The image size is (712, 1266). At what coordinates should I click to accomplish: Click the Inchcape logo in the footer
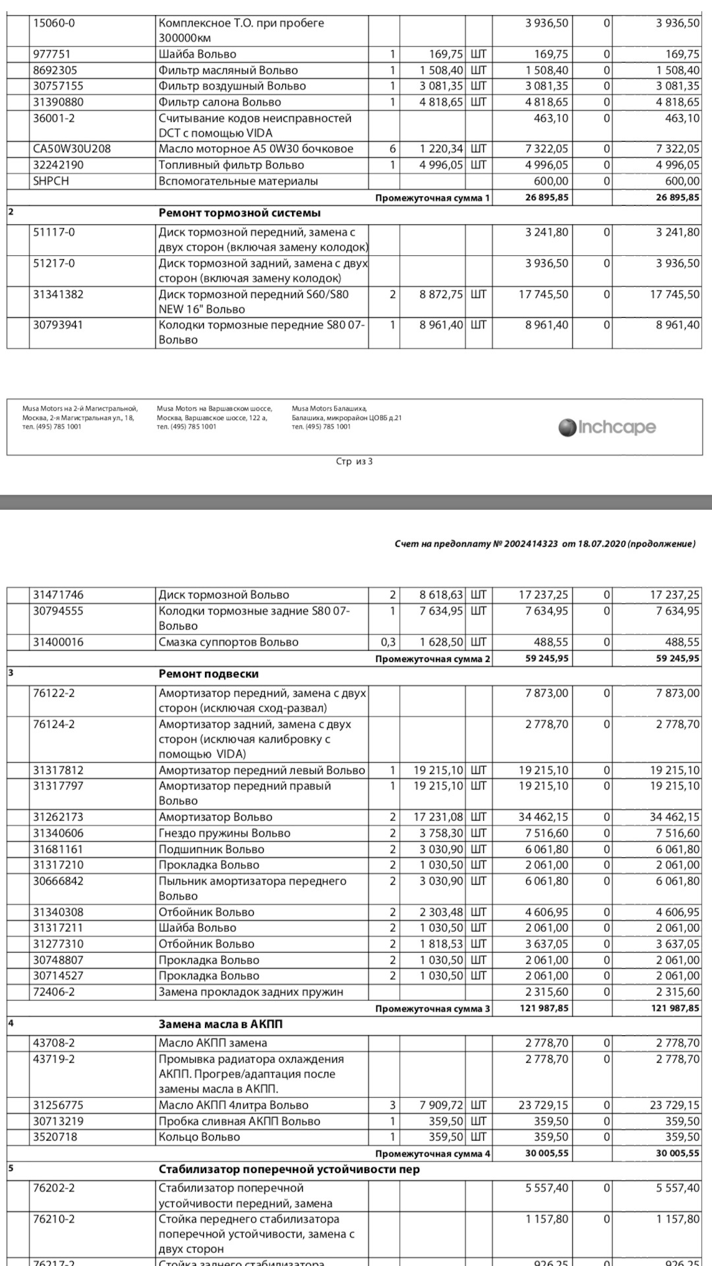tap(607, 427)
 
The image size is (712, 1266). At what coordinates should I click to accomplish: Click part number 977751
tap(51, 54)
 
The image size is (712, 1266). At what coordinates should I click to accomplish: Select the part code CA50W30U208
tap(72, 149)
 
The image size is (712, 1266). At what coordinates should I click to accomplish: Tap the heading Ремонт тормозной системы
tap(239, 213)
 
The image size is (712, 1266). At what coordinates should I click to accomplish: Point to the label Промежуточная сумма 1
tap(432, 198)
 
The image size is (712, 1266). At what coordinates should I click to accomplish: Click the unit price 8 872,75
tap(441, 295)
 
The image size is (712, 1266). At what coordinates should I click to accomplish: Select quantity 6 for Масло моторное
tap(392, 149)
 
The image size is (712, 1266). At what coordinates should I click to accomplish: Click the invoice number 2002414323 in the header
tap(531, 544)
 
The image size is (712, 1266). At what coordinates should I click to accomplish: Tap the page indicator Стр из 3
tap(354, 462)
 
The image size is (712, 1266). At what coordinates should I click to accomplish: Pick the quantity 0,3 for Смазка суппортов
tap(388, 642)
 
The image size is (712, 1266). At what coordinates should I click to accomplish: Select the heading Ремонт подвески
tap(208, 674)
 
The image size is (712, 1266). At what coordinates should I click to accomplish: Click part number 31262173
tap(58, 817)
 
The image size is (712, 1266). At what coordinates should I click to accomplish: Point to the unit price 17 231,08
tap(438, 817)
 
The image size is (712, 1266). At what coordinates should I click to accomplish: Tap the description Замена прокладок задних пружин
tap(251, 992)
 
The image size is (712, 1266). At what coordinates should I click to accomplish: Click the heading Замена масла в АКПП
tap(220, 1024)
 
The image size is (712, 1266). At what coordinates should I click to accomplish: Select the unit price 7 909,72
tap(441, 1105)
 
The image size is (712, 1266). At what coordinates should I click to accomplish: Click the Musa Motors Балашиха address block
tap(346, 417)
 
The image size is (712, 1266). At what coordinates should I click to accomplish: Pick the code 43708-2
tap(54, 1042)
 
